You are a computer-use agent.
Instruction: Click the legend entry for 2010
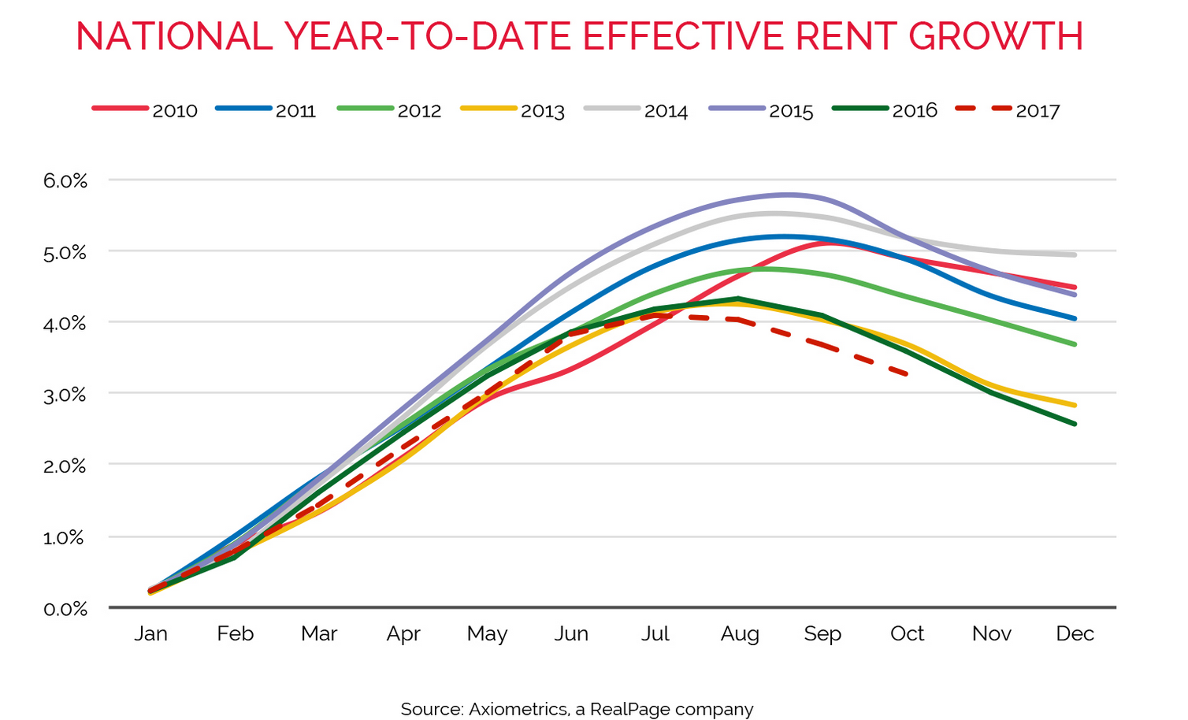(x=146, y=110)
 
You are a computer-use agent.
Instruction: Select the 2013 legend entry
(x=514, y=110)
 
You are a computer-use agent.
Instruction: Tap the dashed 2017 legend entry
(x=1008, y=110)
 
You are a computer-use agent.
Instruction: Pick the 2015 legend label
(x=762, y=110)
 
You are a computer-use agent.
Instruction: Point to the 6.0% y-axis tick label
(x=65, y=180)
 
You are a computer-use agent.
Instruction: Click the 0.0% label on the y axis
(x=65, y=609)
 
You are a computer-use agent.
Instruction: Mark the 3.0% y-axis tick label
(x=65, y=395)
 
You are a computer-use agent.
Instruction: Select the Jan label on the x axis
(x=150, y=634)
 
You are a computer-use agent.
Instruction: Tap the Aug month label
(x=740, y=634)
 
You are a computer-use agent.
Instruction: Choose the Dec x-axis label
(x=1075, y=634)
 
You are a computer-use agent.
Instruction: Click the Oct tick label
(x=907, y=634)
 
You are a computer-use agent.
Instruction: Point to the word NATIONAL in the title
(x=174, y=36)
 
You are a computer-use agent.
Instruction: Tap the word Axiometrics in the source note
(x=518, y=709)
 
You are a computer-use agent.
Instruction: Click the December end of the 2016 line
(x=1075, y=424)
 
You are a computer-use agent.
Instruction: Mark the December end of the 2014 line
(x=1075, y=254)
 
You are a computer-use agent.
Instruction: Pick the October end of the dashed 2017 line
(x=908, y=373)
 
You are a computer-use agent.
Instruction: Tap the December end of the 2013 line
(x=1075, y=406)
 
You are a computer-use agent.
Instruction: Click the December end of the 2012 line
(x=1075, y=344)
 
